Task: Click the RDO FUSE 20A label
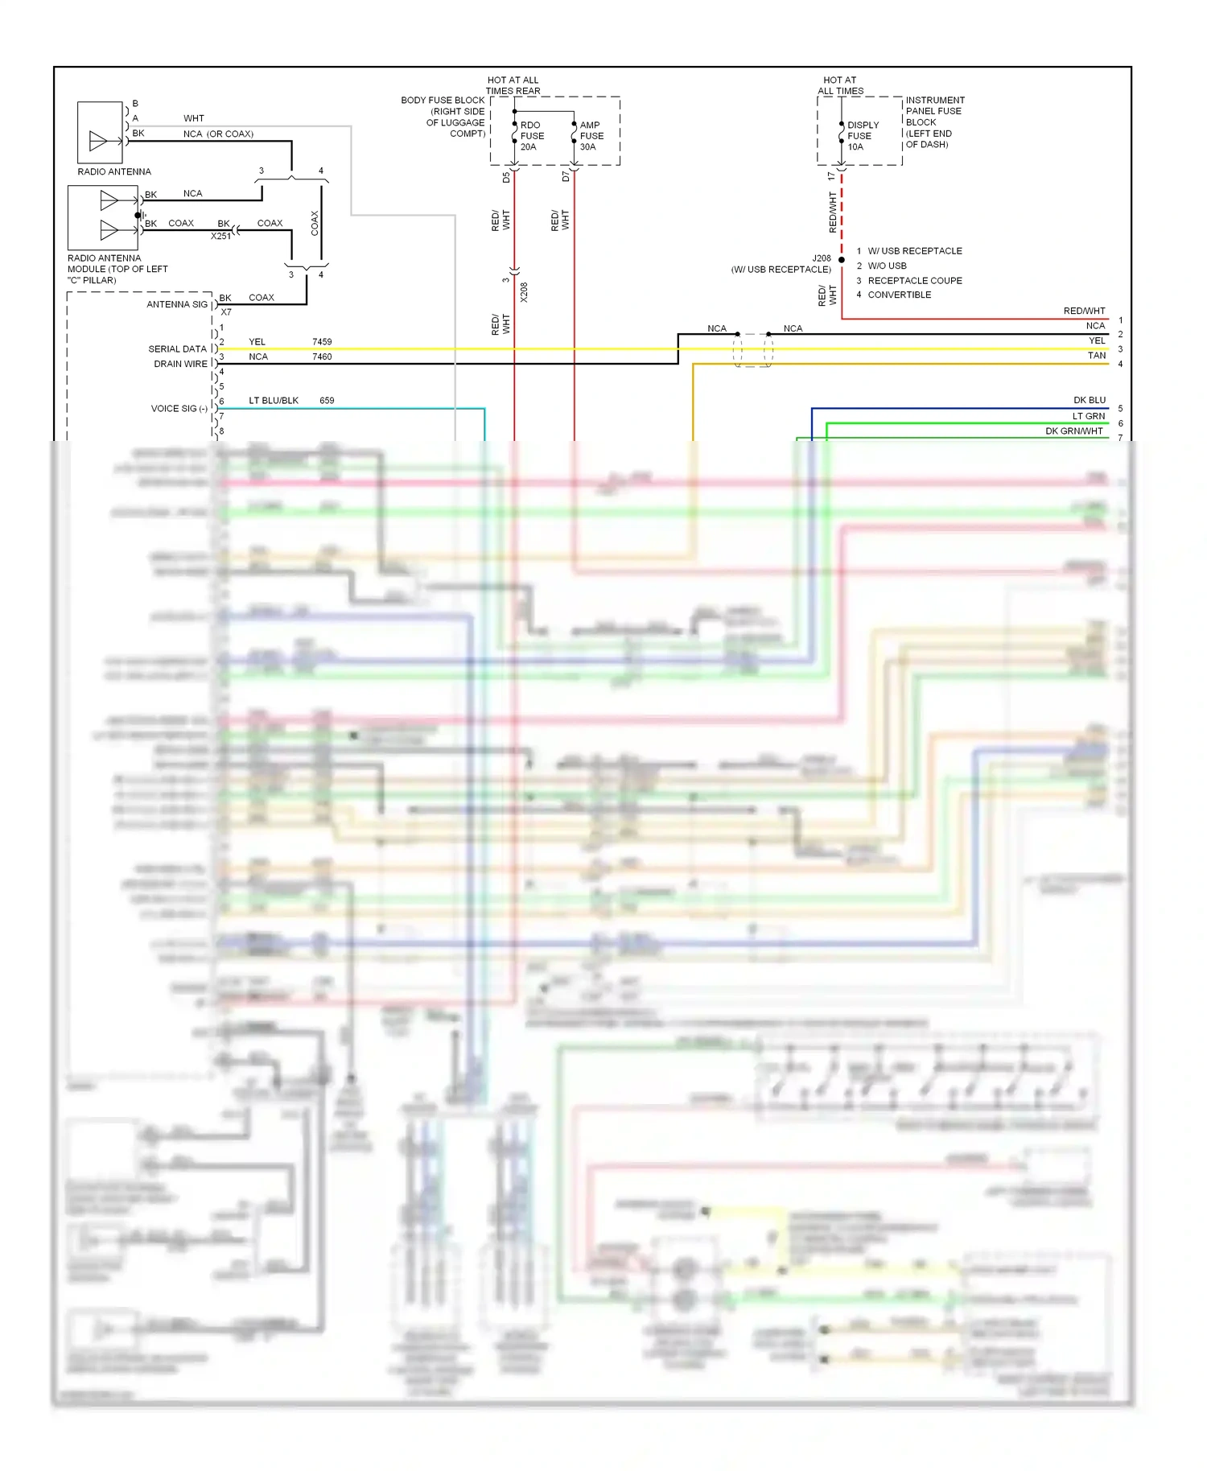click(x=532, y=136)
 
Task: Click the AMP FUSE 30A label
click(x=591, y=136)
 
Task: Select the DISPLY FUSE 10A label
click(x=862, y=136)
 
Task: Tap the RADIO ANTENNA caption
click(x=114, y=171)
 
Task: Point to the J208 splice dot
click(x=842, y=260)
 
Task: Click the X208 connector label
click(x=524, y=291)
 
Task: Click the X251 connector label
click(x=220, y=237)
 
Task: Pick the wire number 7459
click(x=322, y=342)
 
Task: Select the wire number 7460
click(x=322, y=356)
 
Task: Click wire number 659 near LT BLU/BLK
click(x=327, y=400)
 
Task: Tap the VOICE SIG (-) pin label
click(x=179, y=409)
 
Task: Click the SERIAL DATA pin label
click(x=177, y=349)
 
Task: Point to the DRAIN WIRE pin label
click(x=180, y=364)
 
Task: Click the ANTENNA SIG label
click(x=176, y=304)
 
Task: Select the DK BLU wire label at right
click(x=1089, y=400)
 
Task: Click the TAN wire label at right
click(x=1097, y=355)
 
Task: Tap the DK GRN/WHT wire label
click(x=1073, y=431)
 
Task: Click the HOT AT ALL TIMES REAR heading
click(x=513, y=85)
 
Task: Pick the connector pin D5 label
click(x=506, y=177)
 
